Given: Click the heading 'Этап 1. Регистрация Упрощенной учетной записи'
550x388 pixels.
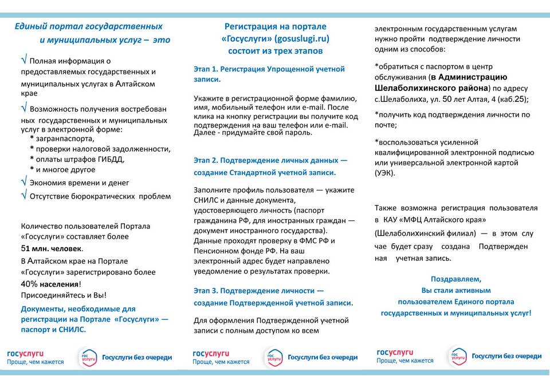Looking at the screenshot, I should [269, 74].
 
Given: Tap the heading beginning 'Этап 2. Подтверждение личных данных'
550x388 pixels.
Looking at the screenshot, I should [270, 166].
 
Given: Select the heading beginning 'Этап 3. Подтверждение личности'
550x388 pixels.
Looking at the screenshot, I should [273, 296].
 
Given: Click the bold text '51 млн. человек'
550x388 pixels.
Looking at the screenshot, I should [52, 248].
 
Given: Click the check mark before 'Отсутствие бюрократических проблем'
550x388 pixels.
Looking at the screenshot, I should [23, 195].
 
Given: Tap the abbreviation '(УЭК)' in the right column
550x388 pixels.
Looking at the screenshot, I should [384, 172].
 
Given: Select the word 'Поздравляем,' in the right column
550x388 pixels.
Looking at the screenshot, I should [456, 280].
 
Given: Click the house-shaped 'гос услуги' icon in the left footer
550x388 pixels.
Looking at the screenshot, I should [88, 357].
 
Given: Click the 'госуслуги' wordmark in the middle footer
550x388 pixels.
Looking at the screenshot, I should [211, 353].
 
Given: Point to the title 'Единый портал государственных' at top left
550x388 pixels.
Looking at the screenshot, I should [89, 26].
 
